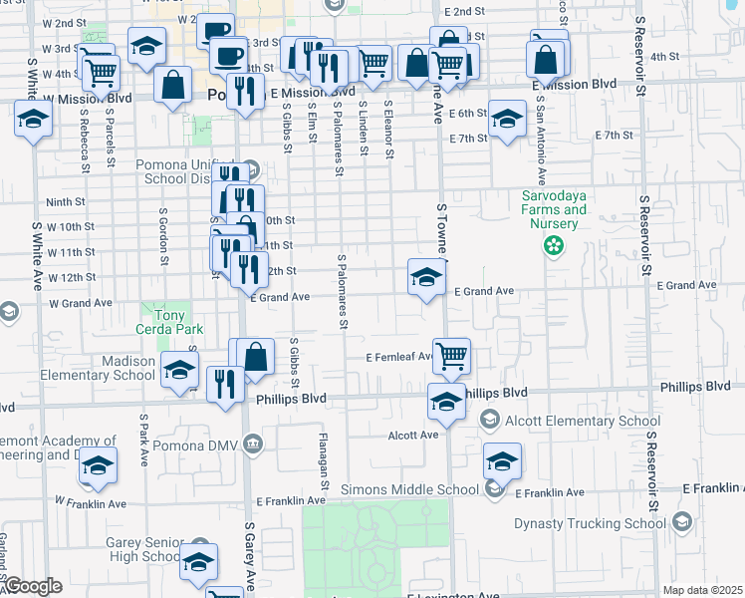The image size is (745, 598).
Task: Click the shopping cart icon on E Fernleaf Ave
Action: (x=452, y=355)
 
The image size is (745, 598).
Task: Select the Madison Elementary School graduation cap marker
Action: (x=180, y=370)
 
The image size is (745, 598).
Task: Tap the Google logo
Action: (x=33, y=587)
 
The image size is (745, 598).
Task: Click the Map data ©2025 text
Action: (x=702, y=590)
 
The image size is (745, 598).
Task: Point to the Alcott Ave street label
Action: (x=415, y=436)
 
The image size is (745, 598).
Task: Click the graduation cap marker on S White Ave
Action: (x=34, y=121)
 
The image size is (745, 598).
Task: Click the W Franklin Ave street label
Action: (x=90, y=502)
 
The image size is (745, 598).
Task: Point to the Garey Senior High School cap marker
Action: (x=199, y=561)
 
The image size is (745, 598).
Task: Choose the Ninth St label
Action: (x=65, y=201)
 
